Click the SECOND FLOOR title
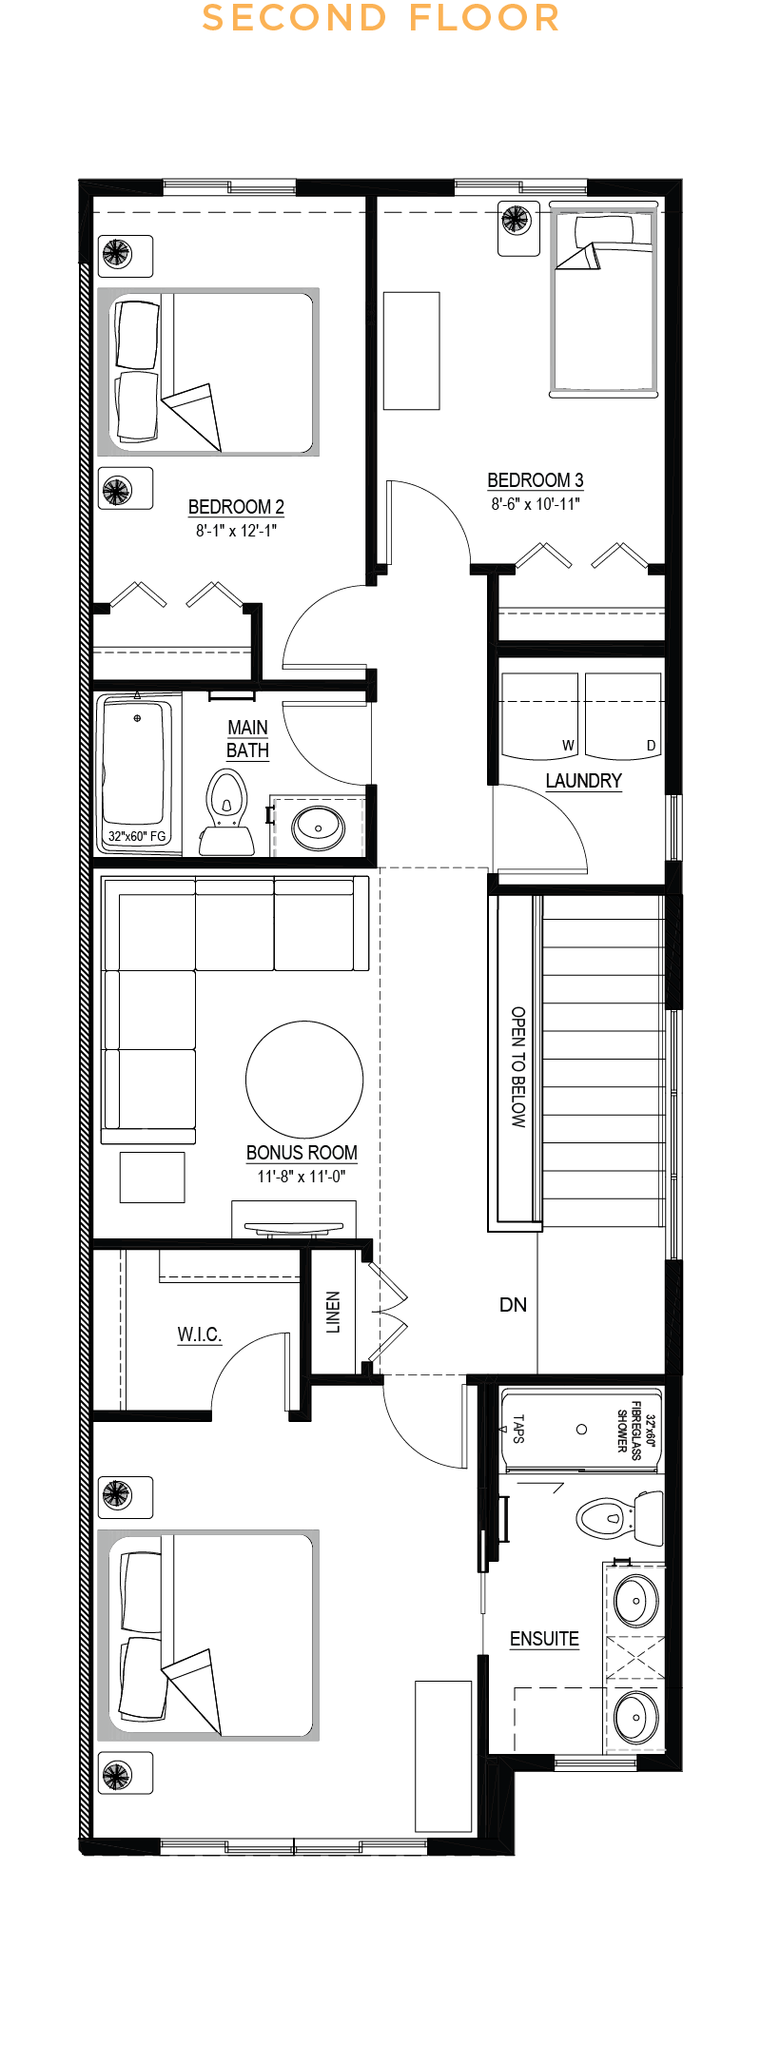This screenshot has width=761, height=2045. click(x=380, y=18)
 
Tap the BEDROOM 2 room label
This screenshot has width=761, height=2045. click(x=236, y=507)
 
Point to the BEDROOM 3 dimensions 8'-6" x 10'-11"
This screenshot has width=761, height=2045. click(x=536, y=504)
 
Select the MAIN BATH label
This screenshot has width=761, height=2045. click(x=247, y=739)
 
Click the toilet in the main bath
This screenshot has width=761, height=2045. click(x=226, y=813)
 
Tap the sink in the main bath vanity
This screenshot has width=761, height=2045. click(x=319, y=828)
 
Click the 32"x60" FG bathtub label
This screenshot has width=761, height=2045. click(x=137, y=836)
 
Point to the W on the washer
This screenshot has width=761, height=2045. click(x=568, y=746)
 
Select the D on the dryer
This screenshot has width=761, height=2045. click(x=652, y=746)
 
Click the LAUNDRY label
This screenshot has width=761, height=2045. click(x=583, y=781)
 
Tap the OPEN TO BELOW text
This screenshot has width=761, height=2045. click(x=518, y=1067)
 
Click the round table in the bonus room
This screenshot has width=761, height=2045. click(x=304, y=1080)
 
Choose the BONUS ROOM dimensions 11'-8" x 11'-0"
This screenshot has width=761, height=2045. click(x=302, y=1177)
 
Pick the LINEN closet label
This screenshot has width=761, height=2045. click(x=333, y=1313)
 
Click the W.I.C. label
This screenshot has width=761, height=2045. click(x=200, y=1334)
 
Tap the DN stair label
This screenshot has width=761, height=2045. click(x=513, y=1305)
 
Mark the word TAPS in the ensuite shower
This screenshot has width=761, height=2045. click(x=518, y=1429)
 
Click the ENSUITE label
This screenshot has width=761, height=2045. click(x=544, y=1639)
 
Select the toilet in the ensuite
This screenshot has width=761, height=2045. click(x=619, y=1518)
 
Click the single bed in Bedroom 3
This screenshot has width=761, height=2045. click(x=604, y=300)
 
